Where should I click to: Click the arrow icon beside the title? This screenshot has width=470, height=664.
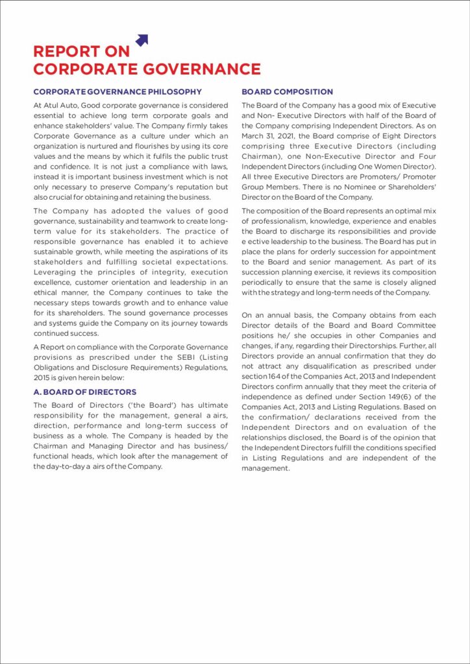pos(142,40)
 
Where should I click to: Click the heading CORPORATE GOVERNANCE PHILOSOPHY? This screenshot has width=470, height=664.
pos(117,91)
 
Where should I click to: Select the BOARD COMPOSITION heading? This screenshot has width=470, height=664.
pos(287,91)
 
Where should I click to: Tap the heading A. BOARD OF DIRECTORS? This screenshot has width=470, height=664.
pos(84,392)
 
